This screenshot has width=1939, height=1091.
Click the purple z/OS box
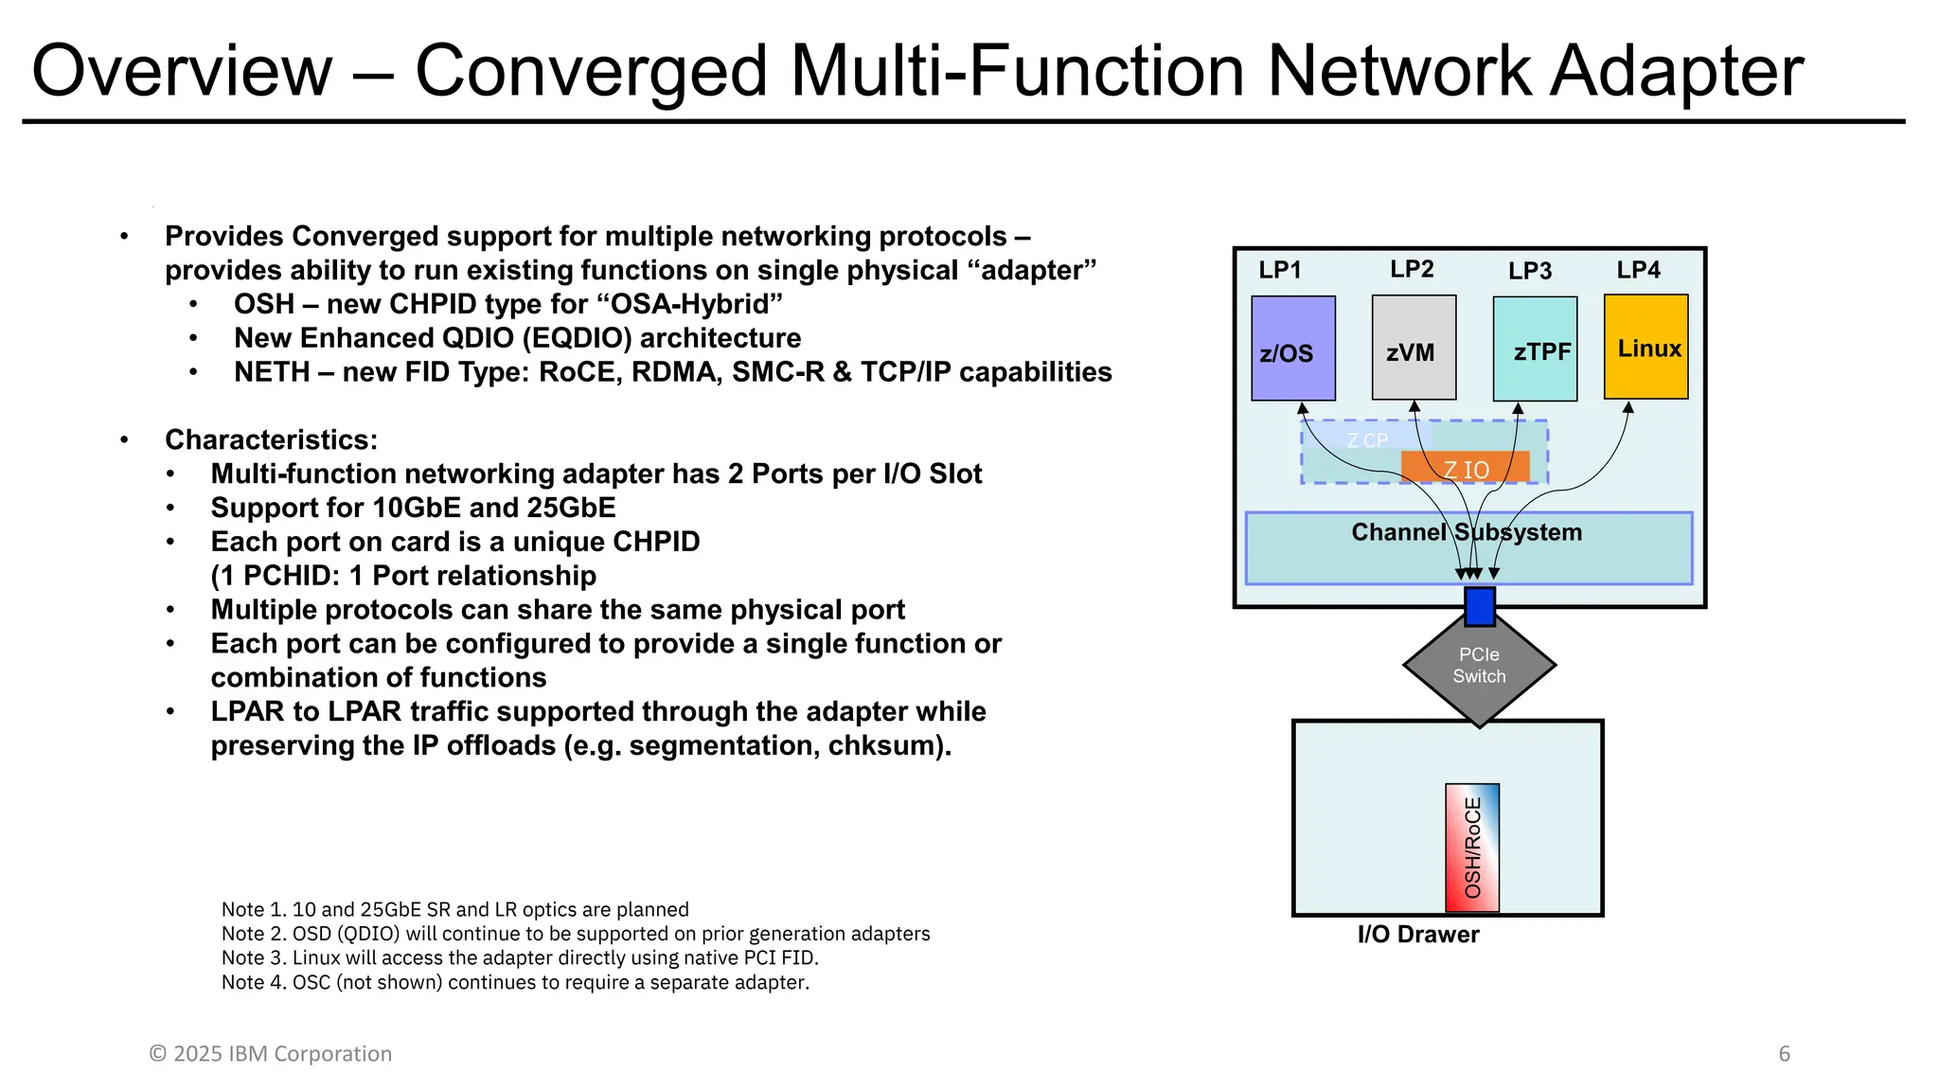1292,348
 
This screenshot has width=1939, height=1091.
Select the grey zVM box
1413,348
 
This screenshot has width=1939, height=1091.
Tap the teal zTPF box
1534,349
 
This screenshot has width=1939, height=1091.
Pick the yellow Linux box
1645,347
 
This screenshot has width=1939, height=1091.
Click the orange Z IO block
1465,468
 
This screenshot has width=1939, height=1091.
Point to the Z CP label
1366,440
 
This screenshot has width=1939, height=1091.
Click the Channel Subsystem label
1466,532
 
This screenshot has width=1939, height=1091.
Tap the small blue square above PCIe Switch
1479,606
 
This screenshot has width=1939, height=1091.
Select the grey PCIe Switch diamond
1479,666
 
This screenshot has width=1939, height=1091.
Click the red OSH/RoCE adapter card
1471,848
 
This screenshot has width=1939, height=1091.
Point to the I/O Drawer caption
1417,935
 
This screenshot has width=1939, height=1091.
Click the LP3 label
1529,271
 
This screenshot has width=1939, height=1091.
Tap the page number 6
1784,1054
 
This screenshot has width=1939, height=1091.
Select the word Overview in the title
182,71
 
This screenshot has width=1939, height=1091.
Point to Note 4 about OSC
515,982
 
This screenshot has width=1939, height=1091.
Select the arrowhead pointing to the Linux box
1628,408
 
